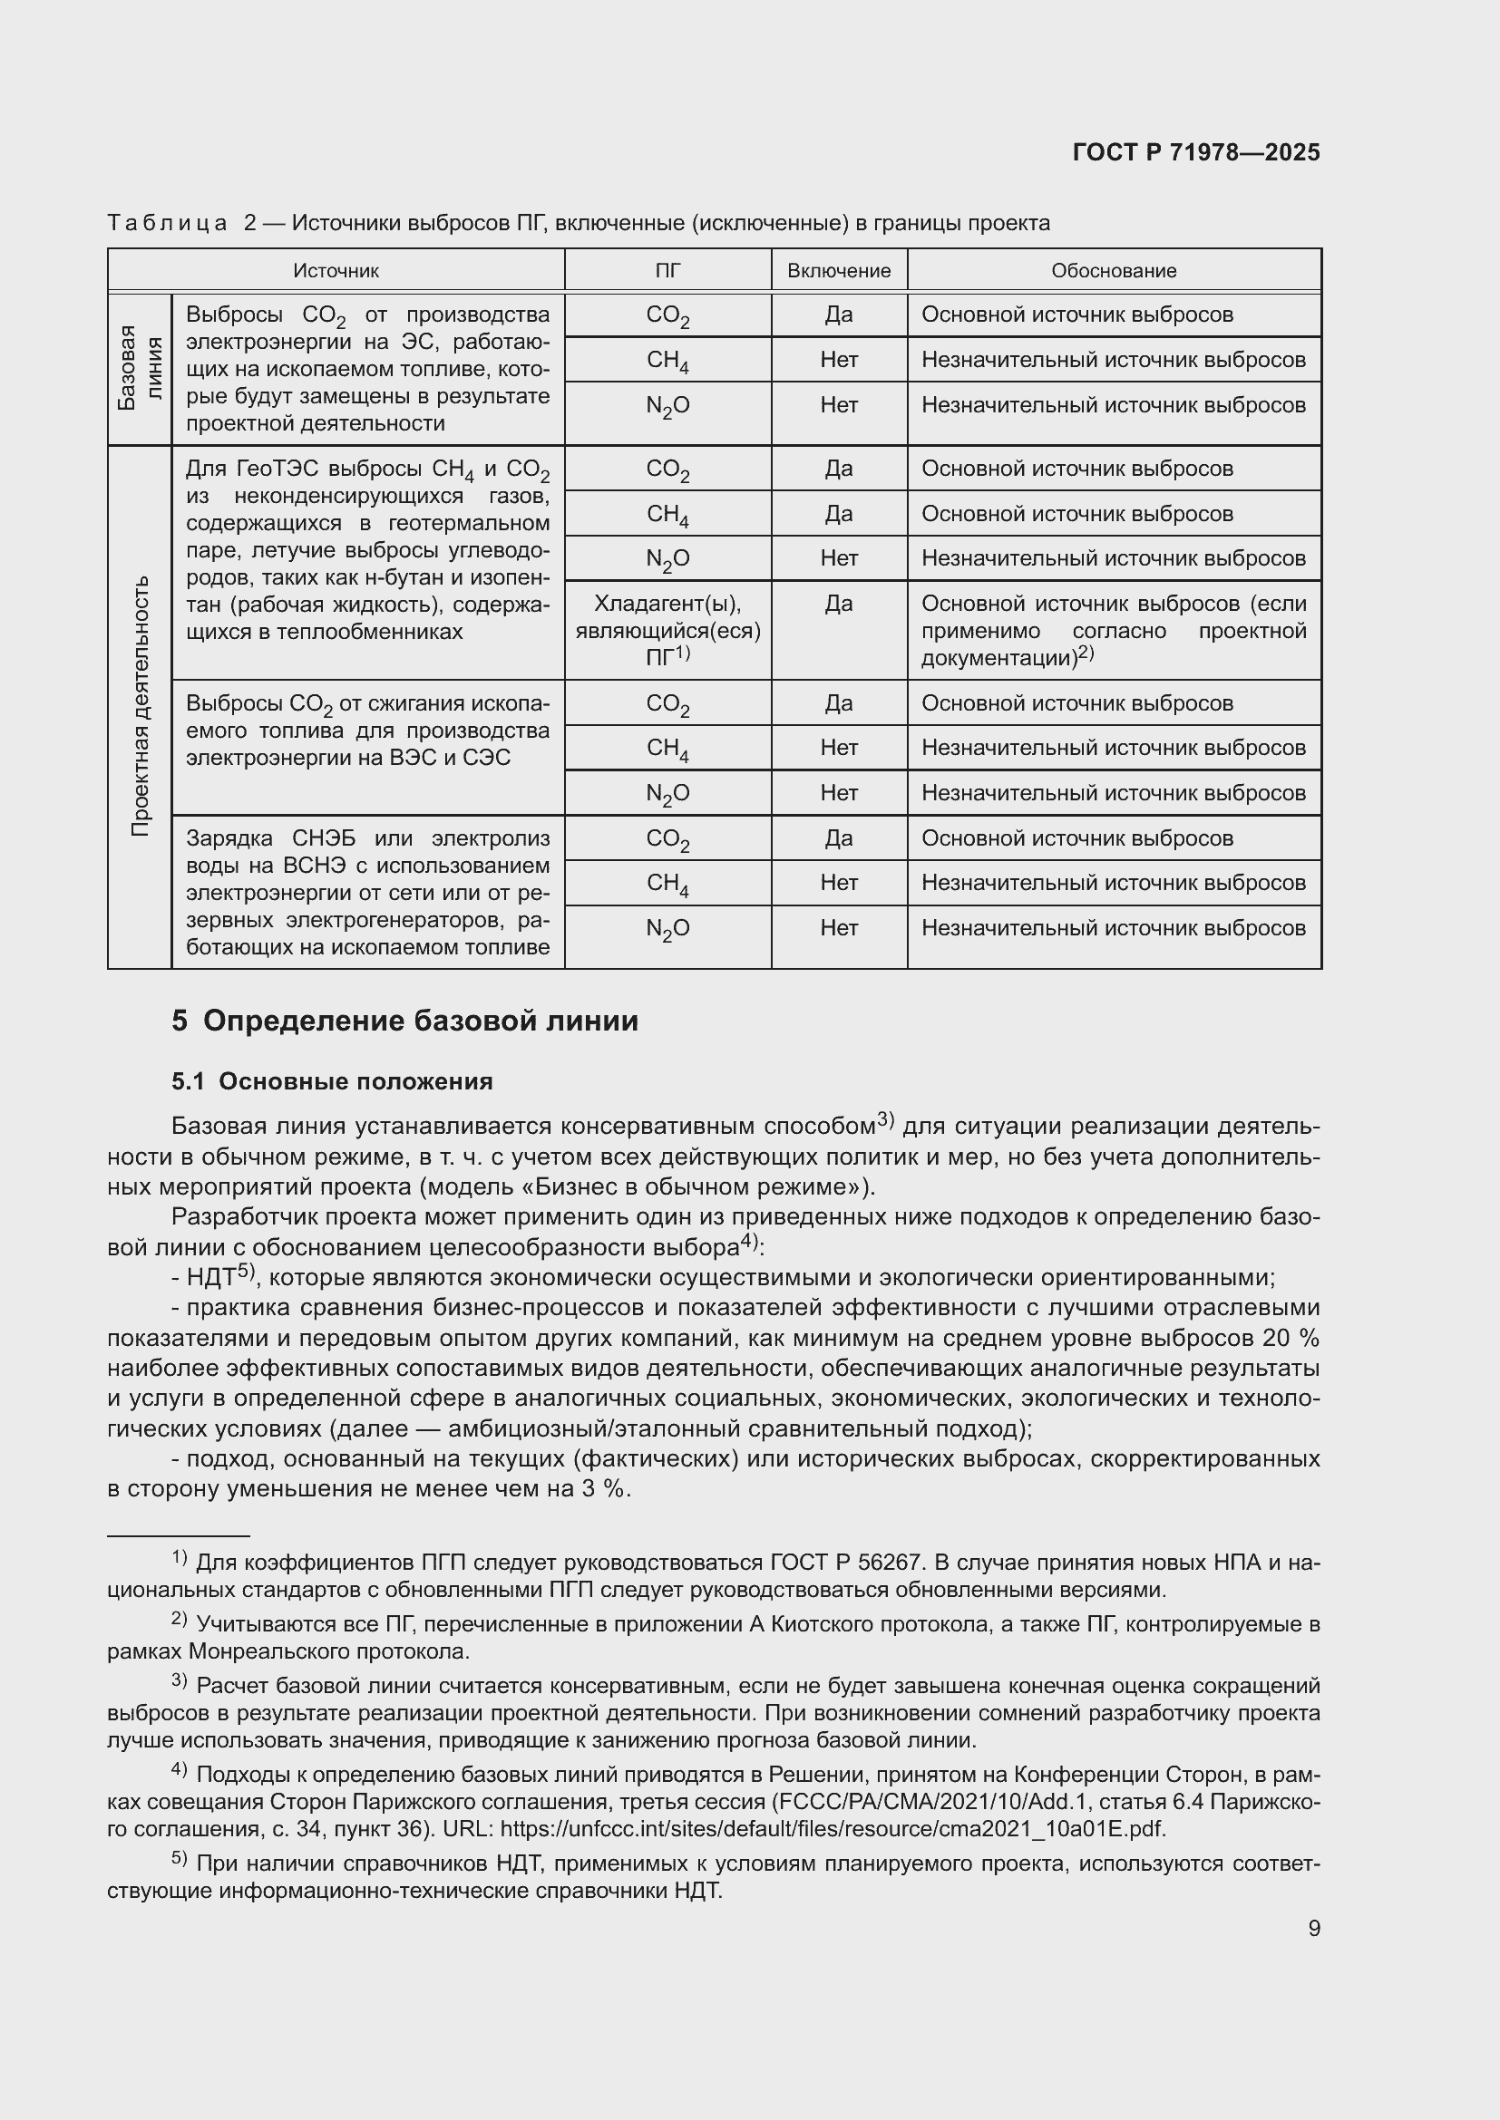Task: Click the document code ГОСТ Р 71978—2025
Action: tap(1196, 153)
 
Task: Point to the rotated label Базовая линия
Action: tap(140, 368)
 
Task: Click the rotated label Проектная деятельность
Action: tap(140, 706)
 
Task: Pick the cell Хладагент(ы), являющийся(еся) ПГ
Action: tap(667, 630)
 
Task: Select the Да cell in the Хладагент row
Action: tap(839, 604)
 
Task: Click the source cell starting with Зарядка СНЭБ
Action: tap(367, 892)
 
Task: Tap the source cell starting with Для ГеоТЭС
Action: tap(367, 550)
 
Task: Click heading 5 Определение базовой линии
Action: tap(404, 1021)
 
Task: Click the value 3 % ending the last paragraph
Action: tap(604, 1489)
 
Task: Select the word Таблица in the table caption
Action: tap(167, 224)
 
